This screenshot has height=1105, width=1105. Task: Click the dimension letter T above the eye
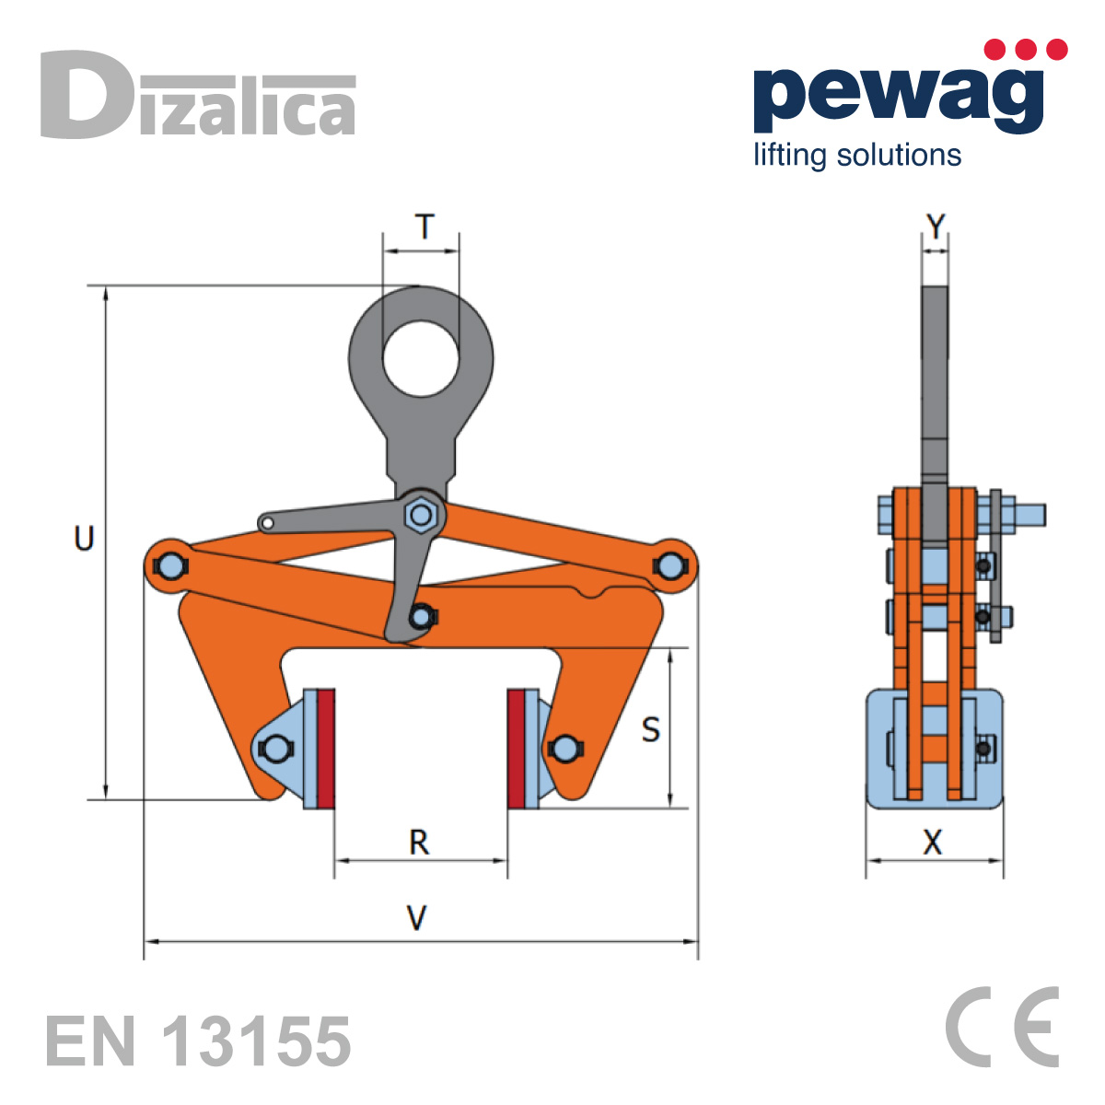pos(424,227)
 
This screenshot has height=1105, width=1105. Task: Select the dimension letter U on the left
pos(84,539)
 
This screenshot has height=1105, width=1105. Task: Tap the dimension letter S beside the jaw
pos(650,730)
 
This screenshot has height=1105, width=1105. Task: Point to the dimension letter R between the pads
pos(419,843)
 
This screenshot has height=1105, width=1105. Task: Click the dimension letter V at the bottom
pos(417,918)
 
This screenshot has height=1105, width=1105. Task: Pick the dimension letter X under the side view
pos(933,843)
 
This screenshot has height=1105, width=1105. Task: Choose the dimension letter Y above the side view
pos(936,227)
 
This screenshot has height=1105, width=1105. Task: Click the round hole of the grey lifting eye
pos(421,358)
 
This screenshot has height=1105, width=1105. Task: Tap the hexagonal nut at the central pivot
pos(422,515)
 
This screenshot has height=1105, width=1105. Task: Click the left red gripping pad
pos(326,749)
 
